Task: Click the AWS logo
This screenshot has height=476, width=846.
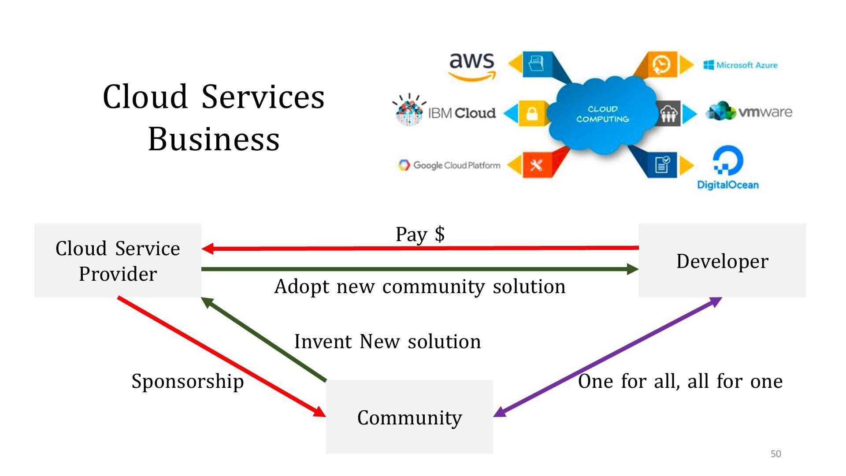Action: coord(472,66)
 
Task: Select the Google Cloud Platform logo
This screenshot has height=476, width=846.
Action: coord(449,165)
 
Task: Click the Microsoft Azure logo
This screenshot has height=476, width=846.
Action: coord(740,65)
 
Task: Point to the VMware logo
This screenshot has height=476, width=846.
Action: coord(749,112)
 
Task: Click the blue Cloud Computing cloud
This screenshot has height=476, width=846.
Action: coord(602,114)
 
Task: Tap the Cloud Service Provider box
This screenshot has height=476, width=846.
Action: coord(118,260)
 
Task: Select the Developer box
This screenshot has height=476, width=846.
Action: coord(722,260)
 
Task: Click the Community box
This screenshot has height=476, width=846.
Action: coord(409,417)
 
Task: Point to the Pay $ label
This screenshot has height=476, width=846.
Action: coord(420,234)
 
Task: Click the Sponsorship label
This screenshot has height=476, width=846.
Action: coord(188,381)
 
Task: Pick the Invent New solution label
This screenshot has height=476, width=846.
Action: coord(387,342)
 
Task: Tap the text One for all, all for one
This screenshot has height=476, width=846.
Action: coord(680,381)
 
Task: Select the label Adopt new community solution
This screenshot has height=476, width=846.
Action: coord(419,287)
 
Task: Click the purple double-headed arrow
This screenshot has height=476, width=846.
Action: coord(608,357)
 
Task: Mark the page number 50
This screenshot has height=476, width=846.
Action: coord(775,454)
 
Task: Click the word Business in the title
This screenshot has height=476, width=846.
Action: coord(214,139)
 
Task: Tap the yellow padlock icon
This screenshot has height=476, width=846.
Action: coord(532,114)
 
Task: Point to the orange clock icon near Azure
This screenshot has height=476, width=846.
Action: coord(661,65)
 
